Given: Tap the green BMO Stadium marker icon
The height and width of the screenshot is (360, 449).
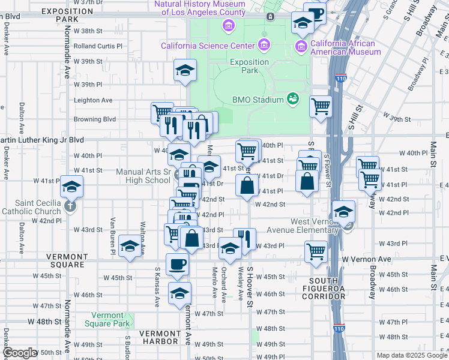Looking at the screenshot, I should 293,98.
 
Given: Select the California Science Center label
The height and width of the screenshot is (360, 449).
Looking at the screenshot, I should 207,46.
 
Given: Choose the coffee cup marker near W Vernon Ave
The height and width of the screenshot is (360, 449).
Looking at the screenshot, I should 177,263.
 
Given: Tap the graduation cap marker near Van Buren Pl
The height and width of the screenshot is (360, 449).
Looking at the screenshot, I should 129,246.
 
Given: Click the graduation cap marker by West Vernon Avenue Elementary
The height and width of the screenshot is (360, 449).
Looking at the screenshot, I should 344,211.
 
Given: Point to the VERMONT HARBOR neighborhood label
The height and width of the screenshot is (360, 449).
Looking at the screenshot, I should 158,333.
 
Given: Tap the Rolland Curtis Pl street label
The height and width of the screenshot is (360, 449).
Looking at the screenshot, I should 98,46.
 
